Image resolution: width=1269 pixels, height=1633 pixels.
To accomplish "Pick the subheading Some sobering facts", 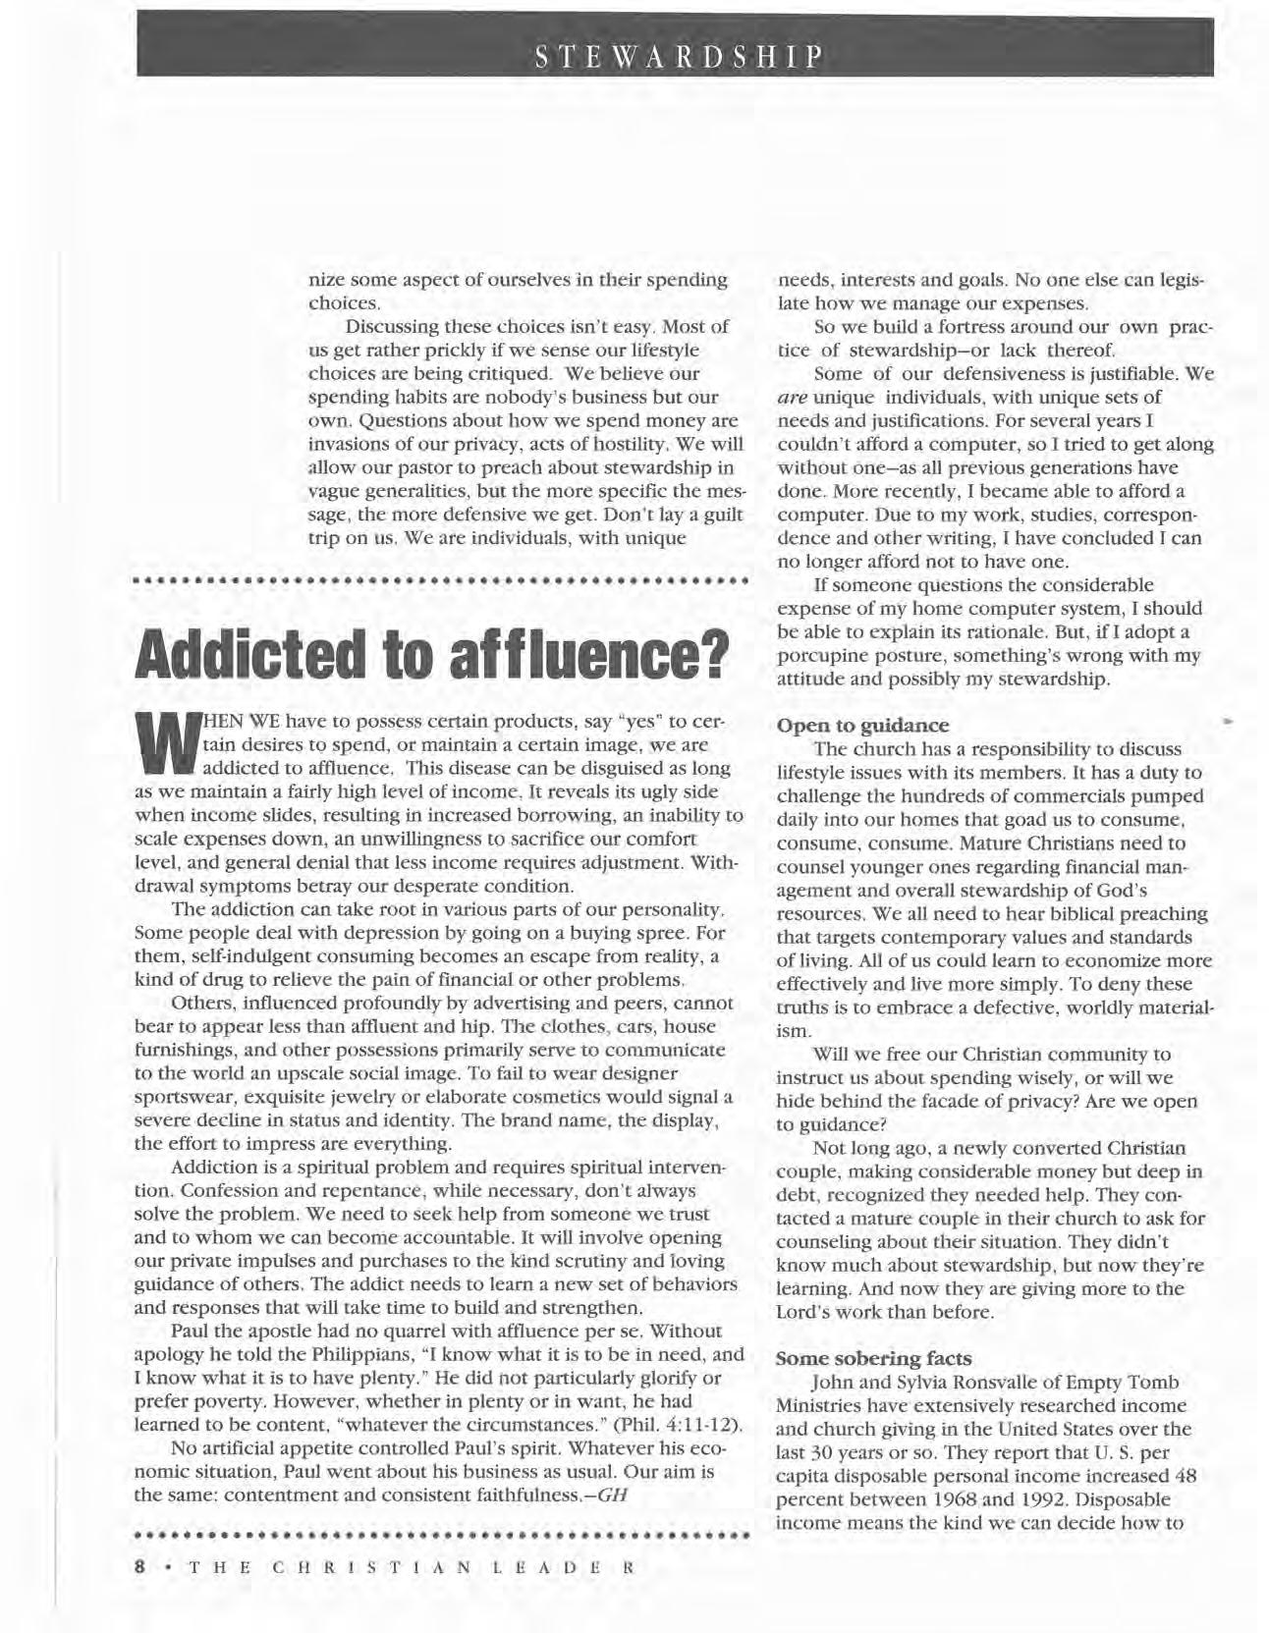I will (874, 1358).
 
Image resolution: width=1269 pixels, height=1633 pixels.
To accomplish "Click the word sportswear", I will (181, 1096).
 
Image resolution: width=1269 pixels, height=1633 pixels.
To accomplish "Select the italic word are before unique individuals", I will (792, 397).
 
